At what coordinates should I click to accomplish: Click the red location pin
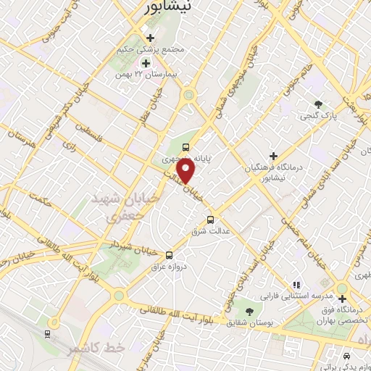pos(187,170)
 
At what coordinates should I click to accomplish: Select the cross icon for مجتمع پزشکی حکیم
pos(150,38)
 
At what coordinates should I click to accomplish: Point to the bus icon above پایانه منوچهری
pos(186,146)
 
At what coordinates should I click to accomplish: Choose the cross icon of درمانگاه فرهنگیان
pos(273,156)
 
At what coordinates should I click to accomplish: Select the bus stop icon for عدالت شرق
pos(211,220)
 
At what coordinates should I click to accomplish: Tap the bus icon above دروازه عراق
pos(169,255)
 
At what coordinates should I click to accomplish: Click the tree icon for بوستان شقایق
pos(250,312)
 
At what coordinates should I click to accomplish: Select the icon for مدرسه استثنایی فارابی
pos(296,285)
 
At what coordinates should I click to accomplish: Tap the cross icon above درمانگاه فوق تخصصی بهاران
pos(341,298)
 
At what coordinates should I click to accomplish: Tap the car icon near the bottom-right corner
pos(347,357)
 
